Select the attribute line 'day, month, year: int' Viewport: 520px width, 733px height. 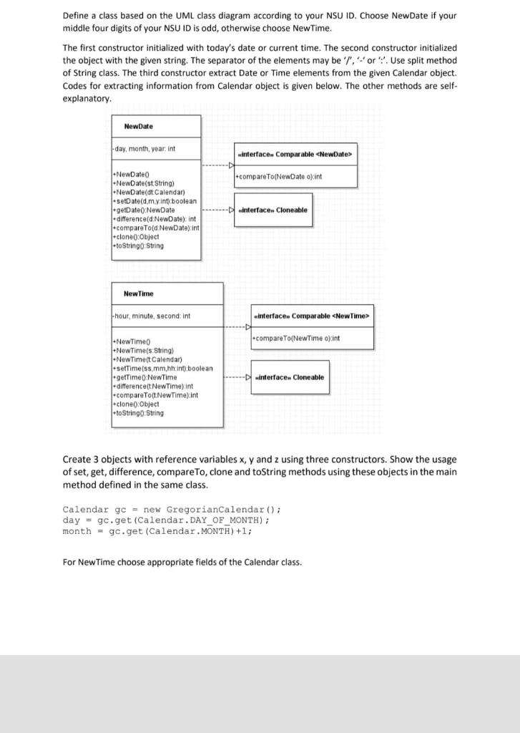tap(145, 149)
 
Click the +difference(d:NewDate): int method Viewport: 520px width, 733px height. tap(155, 218)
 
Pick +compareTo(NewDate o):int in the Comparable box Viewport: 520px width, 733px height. tap(278, 176)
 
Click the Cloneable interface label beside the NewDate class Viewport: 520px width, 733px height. tap(275, 210)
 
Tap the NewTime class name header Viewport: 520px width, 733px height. tap(138, 294)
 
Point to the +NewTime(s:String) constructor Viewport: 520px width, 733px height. tap(144, 351)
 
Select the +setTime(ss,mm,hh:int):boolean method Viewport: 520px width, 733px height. tap(162, 368)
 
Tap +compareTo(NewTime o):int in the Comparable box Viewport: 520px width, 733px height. tap(296, 338)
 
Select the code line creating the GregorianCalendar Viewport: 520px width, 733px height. tap(172, 509)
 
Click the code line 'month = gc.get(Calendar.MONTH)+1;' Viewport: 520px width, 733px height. tap(157, 530)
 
